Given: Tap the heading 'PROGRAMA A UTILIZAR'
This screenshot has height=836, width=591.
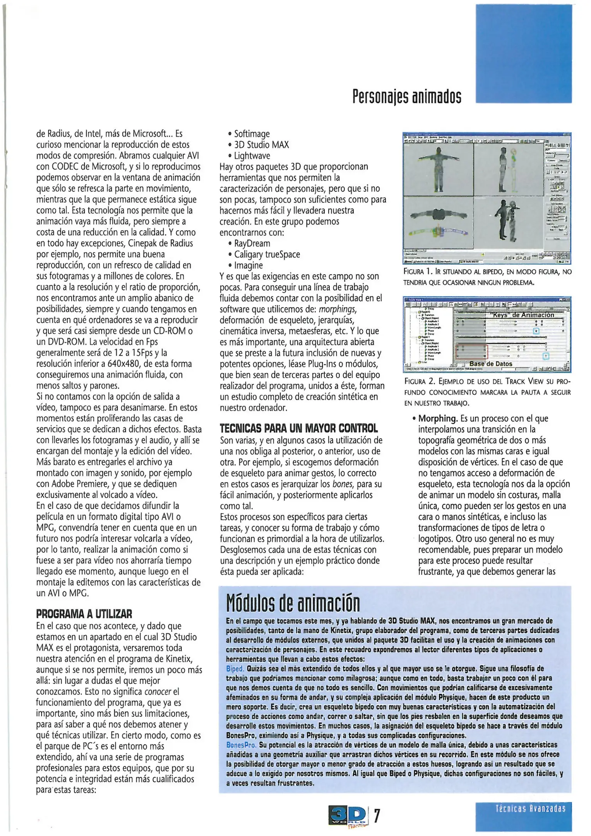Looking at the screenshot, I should point(84,614).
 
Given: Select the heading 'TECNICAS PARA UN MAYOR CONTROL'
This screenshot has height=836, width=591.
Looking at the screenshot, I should point(298,428).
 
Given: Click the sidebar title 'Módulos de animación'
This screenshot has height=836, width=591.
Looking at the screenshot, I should point(293,603).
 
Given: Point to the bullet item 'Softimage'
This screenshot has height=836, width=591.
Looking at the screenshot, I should point(252,134).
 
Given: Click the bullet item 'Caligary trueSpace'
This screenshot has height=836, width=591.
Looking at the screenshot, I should point(267,255).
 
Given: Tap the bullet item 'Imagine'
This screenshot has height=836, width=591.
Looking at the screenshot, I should point(248,266).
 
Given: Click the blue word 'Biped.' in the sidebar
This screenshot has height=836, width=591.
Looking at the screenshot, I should point(235,668).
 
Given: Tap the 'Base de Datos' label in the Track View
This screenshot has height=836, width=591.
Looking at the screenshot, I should point(490,364).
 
